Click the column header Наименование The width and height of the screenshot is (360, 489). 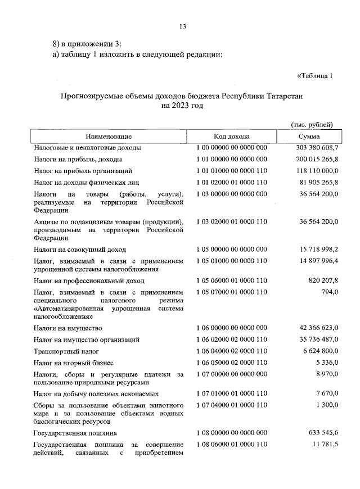[x=109, y=137]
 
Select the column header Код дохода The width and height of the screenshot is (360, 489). [x=232, y=137]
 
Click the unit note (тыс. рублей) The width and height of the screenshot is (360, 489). [x=312, y=124]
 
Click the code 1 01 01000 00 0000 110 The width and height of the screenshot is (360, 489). [x=232, y=170]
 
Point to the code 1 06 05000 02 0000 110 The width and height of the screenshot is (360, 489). [x=232, y=363]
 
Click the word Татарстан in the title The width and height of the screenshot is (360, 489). [x=279, y=96]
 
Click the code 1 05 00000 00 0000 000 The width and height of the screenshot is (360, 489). [x=232, y=249]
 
